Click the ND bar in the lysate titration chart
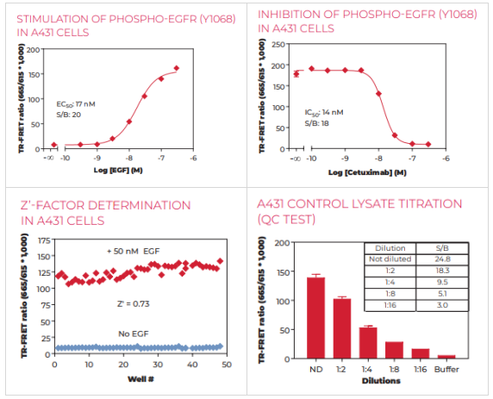pyautogui.click(x=316, y=318)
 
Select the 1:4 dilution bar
pyautogui.click(x=368, y=343)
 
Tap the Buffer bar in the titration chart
pyautogui.click(x=446, y=357)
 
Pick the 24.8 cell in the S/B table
pyautogui.click(x=442, y=259)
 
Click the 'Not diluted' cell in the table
pyautogui.click(x=390, y=259)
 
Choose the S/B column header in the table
pyautogui.click(x=442, y=248)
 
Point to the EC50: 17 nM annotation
pyautogui.click(x=76, y=104)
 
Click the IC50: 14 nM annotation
pyautogui.click(x=324, y=113)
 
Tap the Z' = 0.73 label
pyautogui.click(x=134, y=303)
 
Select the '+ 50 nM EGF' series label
pyautogui.click(x=134, y=252)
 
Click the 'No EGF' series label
pyautogui.click(x=134, y=334)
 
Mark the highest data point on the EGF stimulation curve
pyautogui.click(x=177, y=68)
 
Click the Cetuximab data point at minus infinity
pyautogui.click(x=296, y=74)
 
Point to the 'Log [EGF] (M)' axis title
pyautogui.click(x=118, y=171)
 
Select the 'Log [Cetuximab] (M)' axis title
pyautogui.click(x=367, y=172)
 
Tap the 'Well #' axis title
pyautogui.click(x=140, y=379)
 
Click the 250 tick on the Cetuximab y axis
pyautogui.click(x=278, y=45)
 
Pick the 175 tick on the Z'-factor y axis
pyautogui.click(x=44, y=240)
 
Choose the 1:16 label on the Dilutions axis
pyautogui.click(x=421, y=369)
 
